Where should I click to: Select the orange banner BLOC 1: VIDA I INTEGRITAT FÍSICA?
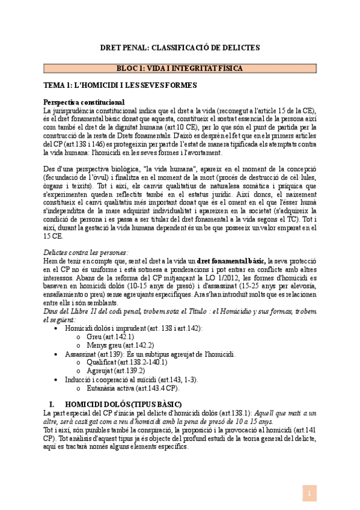(180, 69)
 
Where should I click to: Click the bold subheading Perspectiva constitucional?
(84, 103)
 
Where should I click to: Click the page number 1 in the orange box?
(308, 493)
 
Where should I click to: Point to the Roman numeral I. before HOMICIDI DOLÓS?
(52, 404)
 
